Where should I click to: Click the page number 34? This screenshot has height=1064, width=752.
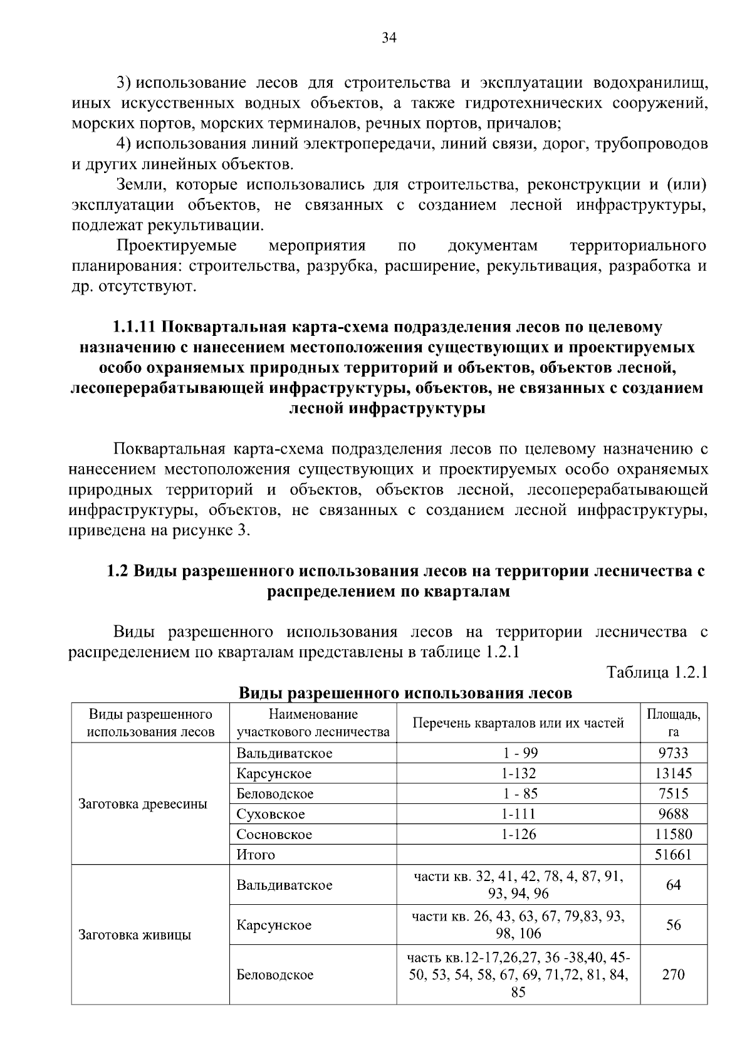389,38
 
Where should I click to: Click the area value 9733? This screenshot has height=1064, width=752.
673,753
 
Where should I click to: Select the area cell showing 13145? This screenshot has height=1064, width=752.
673,773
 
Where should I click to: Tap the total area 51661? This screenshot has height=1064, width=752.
673,854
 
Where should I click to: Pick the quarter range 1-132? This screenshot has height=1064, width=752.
518,773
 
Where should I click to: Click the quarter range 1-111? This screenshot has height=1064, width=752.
518,814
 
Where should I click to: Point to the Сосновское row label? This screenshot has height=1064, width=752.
274,834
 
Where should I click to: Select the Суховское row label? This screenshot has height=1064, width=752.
271,814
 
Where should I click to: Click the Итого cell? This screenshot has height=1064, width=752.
256,854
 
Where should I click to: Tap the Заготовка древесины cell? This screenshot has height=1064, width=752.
142,804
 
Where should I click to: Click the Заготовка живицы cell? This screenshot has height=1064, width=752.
135,935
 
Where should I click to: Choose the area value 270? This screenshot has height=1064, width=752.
673,974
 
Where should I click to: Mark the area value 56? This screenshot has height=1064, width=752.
673,925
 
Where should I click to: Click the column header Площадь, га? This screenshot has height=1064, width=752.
673,723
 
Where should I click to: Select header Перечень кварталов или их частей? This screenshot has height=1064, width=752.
518,723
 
